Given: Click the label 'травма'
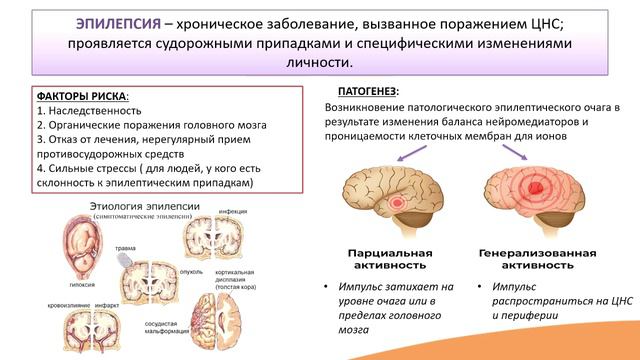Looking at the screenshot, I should click(x=126, y=248).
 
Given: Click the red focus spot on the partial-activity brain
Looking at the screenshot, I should click(x=401, y=204).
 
